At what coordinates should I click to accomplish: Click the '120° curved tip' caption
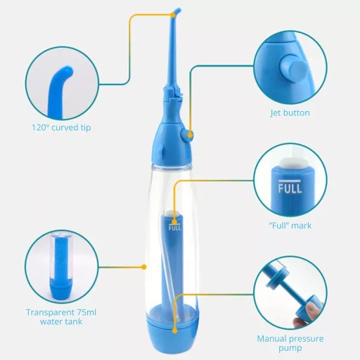(61, 128)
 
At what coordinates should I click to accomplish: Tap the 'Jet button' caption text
(290, 113)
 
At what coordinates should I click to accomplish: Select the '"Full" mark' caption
(290, 226)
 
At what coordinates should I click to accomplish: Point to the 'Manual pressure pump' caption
(290, 343)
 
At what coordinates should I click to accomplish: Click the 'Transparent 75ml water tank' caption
(61, 317)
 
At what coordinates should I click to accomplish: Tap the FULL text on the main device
(175, 228)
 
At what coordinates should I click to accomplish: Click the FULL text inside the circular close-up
(290, 188)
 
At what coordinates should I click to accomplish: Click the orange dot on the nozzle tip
(173, 15)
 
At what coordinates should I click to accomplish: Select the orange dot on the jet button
(191, 135)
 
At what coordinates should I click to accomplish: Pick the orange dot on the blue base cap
(174, 330)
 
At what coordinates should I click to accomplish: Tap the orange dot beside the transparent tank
(144, 266)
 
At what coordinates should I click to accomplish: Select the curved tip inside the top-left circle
(59, 90)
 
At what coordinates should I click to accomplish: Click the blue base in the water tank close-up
(60, 290)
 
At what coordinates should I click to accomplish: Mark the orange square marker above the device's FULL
(174, 221)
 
